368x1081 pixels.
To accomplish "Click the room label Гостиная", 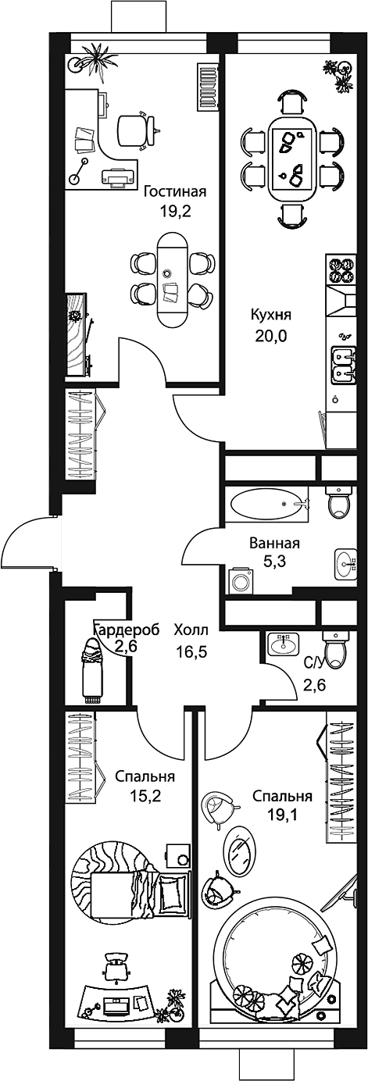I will (x=176, y=192).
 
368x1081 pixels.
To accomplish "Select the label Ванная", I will (x=275, y=544).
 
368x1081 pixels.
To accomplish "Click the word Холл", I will (x=191, y=630).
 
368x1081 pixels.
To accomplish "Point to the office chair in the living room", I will (x=136, y=128).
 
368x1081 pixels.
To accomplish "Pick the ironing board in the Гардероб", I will (x=94, y=668).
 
